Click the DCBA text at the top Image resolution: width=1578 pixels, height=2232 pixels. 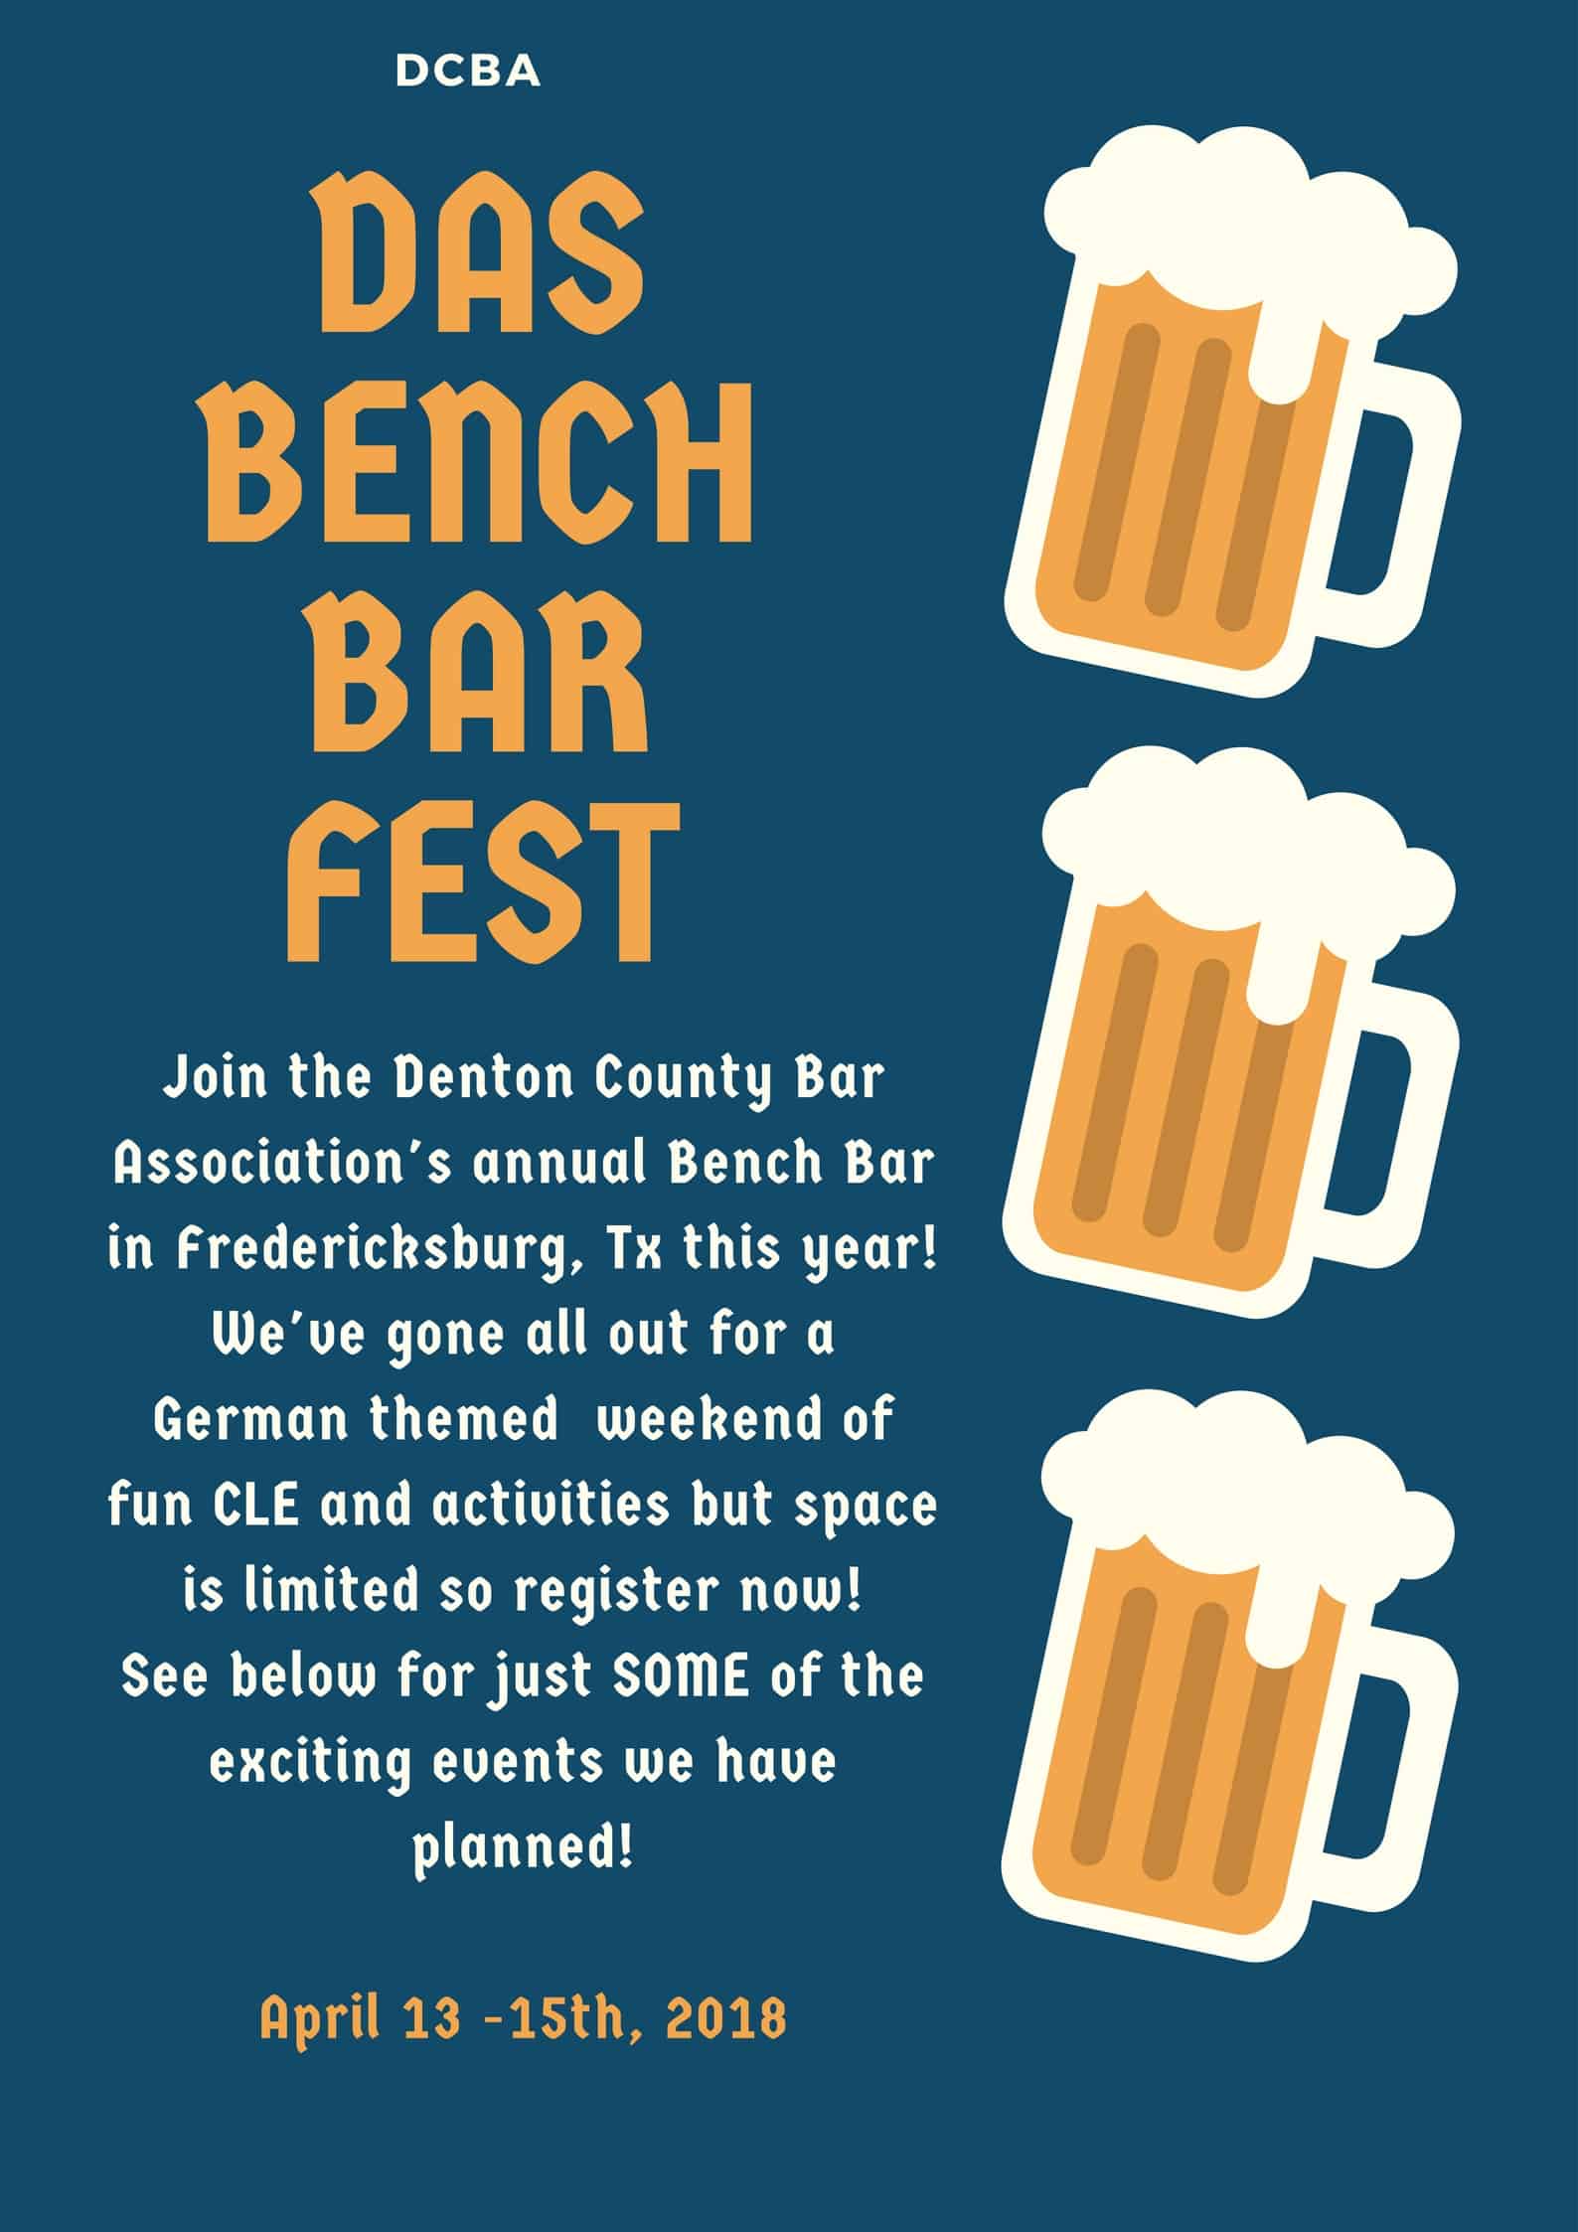[x=468, y=72]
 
